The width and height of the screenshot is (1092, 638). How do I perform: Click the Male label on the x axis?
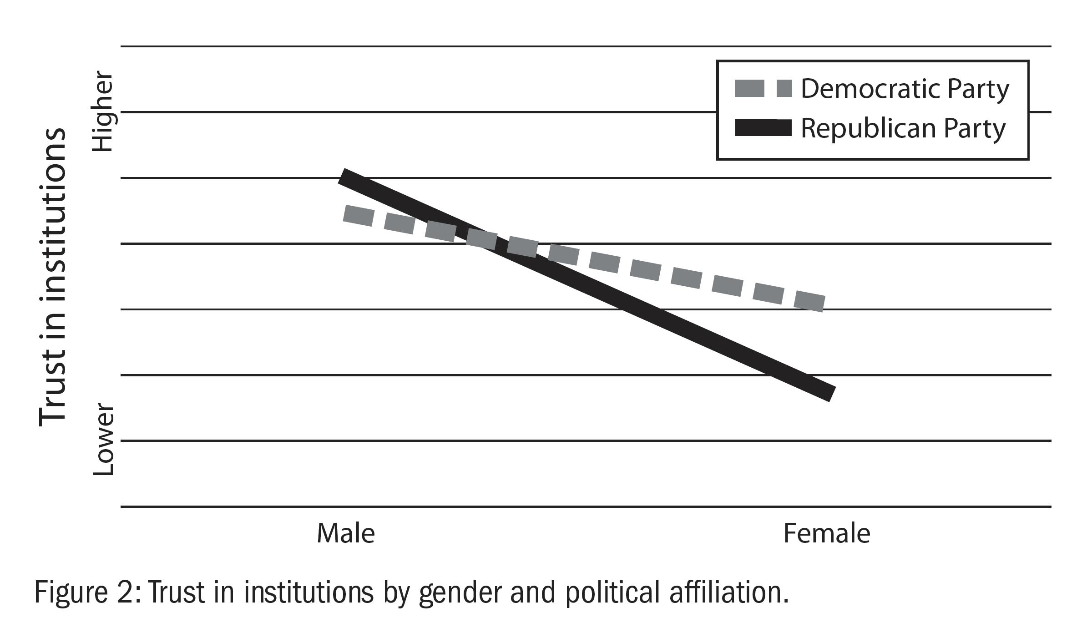coord(345,533)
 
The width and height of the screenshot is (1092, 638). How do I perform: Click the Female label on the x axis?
coord(827,533)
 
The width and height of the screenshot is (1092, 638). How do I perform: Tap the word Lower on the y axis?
coord(103,440)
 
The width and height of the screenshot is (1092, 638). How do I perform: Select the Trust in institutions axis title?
coord(53,278)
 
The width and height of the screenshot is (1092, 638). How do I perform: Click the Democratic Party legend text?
coord(905,89)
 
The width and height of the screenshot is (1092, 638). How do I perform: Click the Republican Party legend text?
coord(903,129)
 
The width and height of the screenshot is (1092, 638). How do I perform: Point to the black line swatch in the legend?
coord(763,129)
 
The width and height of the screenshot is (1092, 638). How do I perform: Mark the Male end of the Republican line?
coord(344,177)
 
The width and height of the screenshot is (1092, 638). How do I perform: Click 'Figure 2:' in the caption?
coord(86,593)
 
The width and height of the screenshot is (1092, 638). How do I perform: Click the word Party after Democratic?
coord(978,89)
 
